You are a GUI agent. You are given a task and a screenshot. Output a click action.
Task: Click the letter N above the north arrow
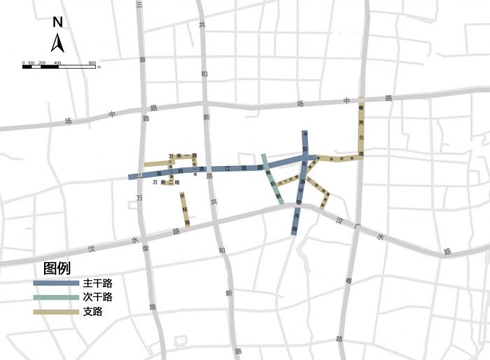point(58,22)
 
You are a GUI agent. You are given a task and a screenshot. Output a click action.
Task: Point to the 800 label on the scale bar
point(92,62)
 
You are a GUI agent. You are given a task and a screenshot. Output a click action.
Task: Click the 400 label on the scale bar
point(57,62)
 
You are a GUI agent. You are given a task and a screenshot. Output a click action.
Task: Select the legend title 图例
point(57,268)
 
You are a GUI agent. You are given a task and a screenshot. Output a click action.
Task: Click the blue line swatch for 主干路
point(56,284)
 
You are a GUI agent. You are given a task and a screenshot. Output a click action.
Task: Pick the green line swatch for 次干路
point(56,297)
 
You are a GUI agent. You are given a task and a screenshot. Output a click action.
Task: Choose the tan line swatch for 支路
point(56,311)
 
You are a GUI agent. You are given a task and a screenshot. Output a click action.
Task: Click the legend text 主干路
point(97,284)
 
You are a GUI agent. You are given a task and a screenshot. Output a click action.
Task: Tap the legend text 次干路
point(97,297)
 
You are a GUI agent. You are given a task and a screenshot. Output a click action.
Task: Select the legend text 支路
point(92,311)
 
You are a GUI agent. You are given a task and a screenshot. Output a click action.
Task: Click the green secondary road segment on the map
point(272,179)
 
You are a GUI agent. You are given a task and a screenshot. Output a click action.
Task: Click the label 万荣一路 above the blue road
point(183,155)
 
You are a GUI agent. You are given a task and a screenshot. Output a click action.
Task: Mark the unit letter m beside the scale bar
point(99,67)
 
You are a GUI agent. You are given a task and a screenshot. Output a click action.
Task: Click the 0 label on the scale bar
point(23,62)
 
